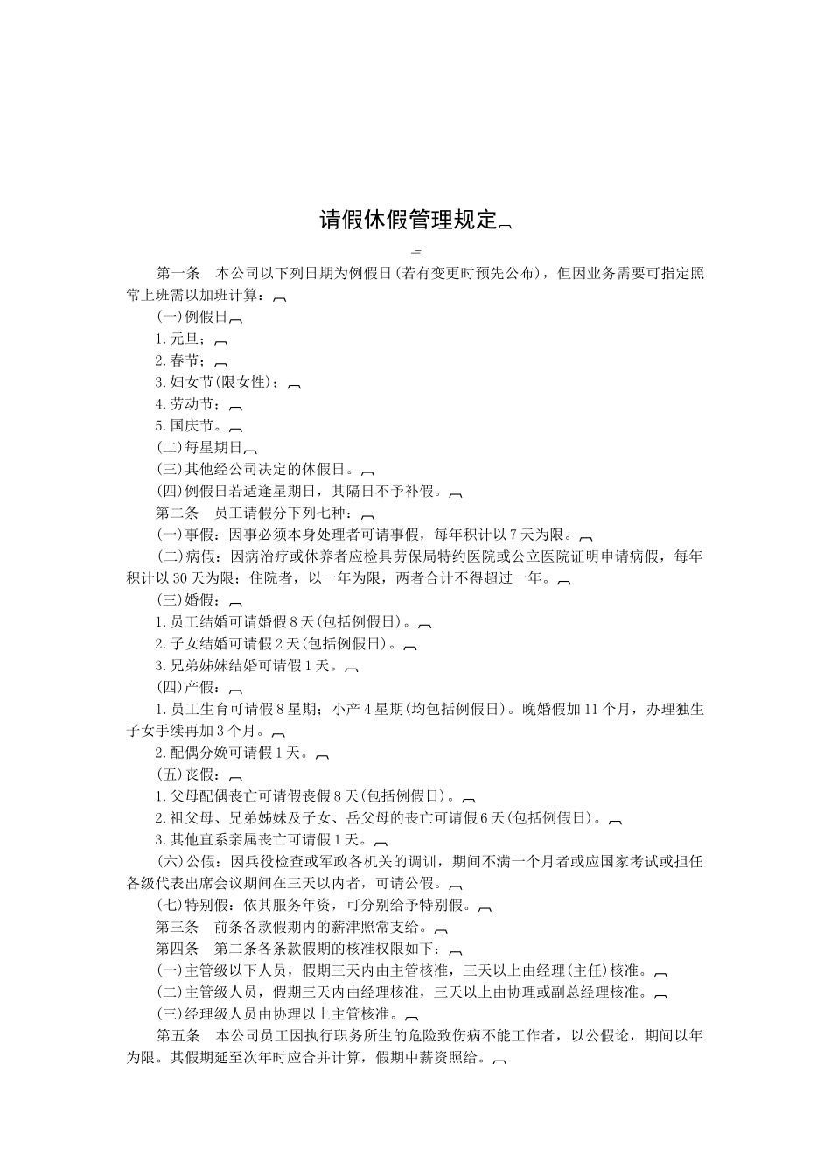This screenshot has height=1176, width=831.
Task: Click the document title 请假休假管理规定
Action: tap(408, 220)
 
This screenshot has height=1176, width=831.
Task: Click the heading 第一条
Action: tap(178, 273)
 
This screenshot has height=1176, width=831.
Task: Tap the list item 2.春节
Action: tap(182, 360)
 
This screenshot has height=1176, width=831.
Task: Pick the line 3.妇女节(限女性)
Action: tap(219, 381)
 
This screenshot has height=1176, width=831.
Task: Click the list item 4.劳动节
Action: tap(189, 403)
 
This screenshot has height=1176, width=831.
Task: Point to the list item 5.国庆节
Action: tap(189, 425)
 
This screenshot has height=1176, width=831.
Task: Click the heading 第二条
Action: tap(178, 513)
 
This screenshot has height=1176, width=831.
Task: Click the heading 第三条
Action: tap(178, 927)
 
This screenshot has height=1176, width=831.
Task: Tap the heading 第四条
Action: tap(178, 948)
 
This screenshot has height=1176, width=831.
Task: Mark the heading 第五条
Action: tap(178, 1036)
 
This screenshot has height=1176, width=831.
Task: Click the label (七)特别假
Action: tap(196, 905)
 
